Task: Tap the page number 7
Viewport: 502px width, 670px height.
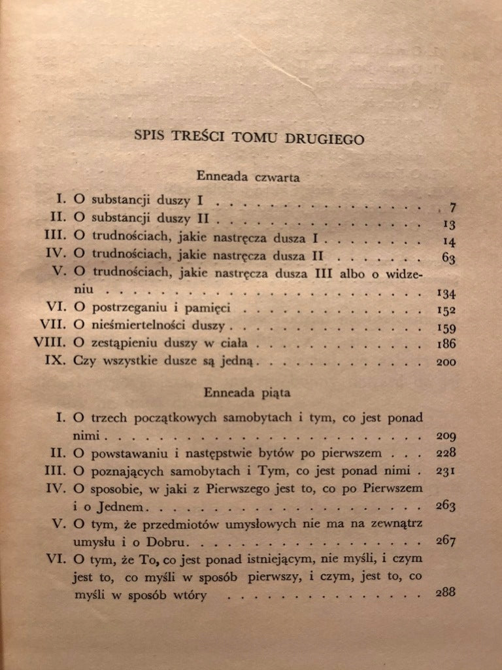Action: [x=452, y=209]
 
